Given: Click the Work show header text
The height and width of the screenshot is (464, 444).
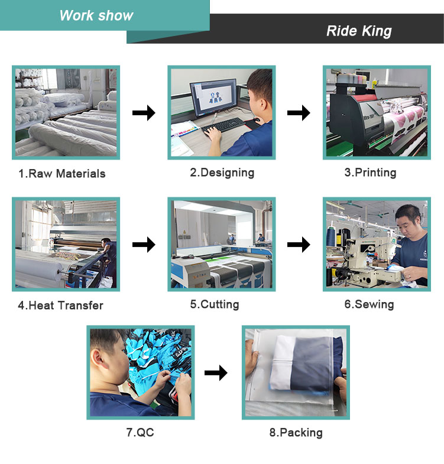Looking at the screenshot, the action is coord(96,15).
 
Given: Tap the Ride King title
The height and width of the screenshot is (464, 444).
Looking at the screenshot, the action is coord(359,31).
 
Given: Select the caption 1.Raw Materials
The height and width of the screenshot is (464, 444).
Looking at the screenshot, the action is coord(61,173).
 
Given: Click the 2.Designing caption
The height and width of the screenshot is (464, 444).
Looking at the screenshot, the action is coord(222,173).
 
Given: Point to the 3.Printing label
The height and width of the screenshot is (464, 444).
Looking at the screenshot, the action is coord(370,173).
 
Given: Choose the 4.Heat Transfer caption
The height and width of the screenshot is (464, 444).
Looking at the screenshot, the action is coord(60,305).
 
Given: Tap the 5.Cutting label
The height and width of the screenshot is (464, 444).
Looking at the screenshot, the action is coord(214,304).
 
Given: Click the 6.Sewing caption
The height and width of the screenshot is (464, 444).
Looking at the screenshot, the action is coord(369,304).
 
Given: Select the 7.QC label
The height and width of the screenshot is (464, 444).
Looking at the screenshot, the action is coord(140,432).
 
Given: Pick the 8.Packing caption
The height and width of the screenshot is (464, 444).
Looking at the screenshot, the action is coord(296,432).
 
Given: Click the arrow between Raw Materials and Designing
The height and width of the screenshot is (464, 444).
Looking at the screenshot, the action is coord(143,112).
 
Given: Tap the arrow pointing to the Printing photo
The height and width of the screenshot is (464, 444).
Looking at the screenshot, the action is coord(299,112).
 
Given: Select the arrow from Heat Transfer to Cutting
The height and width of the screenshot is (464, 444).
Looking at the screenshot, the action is coord(143,244).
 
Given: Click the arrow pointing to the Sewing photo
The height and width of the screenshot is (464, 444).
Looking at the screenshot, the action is coord(299,244).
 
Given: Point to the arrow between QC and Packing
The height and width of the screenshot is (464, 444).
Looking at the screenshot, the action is coord(216,372).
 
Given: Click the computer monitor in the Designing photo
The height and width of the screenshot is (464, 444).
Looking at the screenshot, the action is coord(213,98).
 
